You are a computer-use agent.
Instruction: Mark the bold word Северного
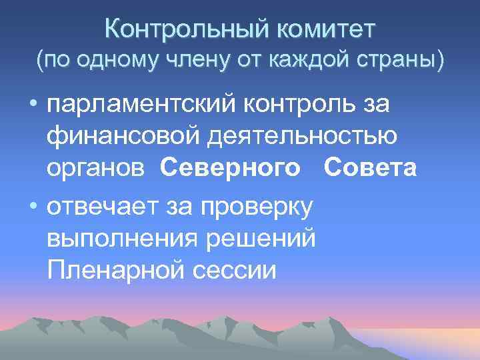point(230,169)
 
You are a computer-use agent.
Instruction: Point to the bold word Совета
point(370,169)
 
